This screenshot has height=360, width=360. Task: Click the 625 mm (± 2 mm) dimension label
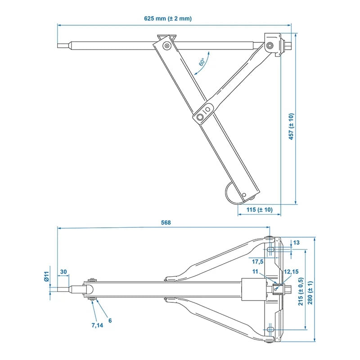[168, 18]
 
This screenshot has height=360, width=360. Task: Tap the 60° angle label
[202, 63]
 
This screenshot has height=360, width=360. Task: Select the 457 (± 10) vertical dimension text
[291, 126]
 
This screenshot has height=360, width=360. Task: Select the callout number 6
[109, 320]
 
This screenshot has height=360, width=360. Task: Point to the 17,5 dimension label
[258, 261]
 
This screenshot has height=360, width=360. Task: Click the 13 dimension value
[296, 243]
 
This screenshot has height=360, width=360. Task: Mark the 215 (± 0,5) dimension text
[301, 291]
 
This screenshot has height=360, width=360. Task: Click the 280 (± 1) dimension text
[310, 291]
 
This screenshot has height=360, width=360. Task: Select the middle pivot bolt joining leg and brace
[207, 109]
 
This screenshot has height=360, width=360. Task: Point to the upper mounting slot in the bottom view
[270, 249]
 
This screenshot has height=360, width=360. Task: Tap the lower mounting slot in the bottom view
[270, 330]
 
